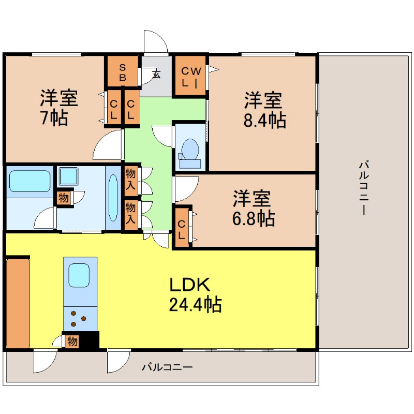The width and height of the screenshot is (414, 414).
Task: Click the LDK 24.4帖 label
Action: (195, 294)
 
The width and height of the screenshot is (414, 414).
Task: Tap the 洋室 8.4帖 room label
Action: (264, 110)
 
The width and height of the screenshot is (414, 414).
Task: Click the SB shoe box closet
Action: (123, 71)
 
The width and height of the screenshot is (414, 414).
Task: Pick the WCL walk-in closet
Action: (190, 76)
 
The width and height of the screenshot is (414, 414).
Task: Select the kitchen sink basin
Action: (80, 275)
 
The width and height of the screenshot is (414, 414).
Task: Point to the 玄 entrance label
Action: (156, 75)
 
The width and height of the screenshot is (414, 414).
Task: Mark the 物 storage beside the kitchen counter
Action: (72, 342)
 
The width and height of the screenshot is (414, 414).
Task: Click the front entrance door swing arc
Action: (156, 41)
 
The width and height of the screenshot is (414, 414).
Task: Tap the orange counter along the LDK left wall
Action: (18, 302)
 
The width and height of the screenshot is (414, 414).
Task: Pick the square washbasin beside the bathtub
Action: (67, 176)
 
